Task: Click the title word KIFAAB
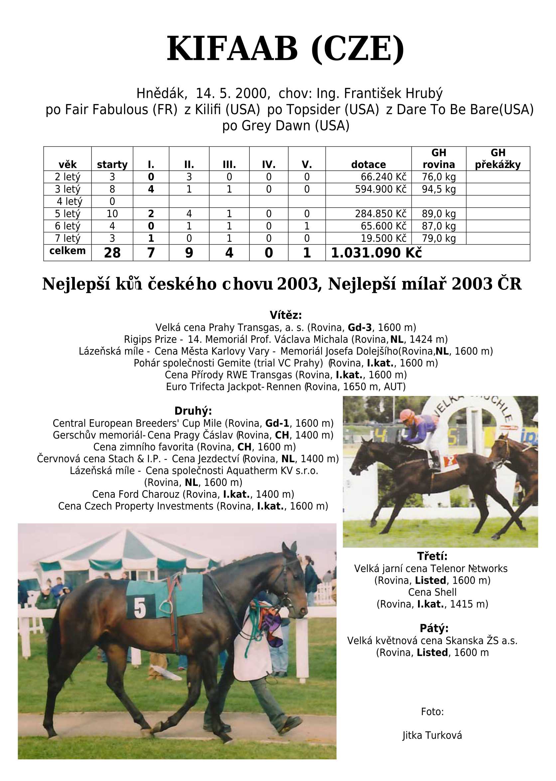[232, 49]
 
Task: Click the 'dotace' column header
[368, 165]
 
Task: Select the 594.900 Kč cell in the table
[381, 189]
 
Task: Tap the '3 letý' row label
[68, 189]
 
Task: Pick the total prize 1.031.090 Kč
[376, 253]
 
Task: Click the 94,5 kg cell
[439, 189]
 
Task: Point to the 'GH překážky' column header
[498, 159]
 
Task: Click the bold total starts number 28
[112, 253]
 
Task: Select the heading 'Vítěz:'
[286, 315]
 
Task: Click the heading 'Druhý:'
[193, 411]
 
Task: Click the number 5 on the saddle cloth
[140, 608]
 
